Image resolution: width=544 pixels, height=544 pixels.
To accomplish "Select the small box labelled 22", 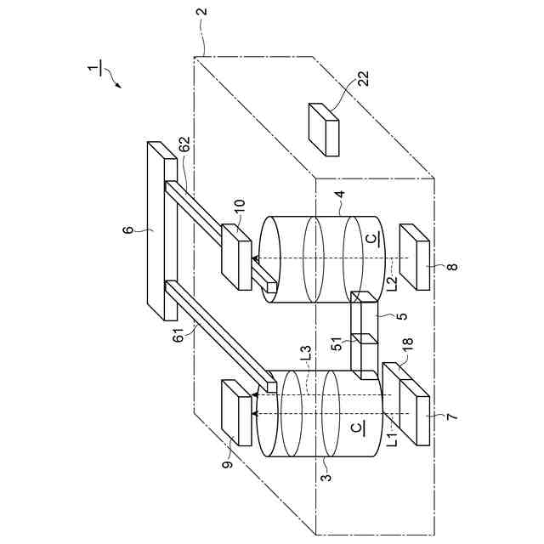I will tap(324, 129).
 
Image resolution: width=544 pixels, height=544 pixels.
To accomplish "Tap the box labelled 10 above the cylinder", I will tap(235, 256).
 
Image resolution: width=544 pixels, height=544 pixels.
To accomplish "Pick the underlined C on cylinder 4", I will tap(368, 241).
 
